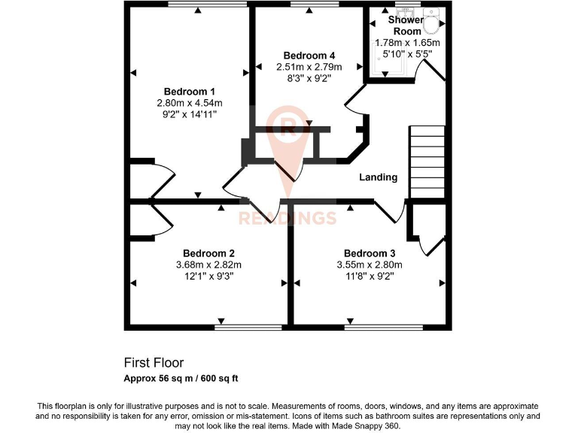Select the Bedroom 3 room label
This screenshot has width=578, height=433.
370,253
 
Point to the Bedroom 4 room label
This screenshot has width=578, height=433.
309,56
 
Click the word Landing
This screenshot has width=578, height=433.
377,177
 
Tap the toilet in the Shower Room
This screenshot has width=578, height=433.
431,23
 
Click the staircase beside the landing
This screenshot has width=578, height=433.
427,162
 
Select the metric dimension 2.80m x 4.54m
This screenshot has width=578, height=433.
190,103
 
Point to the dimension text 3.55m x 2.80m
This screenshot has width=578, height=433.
370,265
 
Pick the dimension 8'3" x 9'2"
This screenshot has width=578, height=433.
309,78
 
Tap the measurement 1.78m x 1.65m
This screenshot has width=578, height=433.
407,43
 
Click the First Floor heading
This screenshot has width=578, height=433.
154,362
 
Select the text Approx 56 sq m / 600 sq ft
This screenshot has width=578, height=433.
181,377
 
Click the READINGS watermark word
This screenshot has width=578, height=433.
287,219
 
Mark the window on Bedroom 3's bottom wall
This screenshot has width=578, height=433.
383,328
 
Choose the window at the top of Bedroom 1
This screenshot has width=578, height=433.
207,5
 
